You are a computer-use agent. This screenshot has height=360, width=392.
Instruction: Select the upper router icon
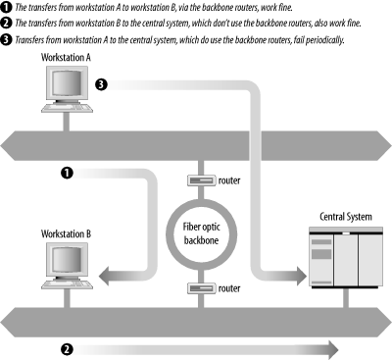coord(198,180)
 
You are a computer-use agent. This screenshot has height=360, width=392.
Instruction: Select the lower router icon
coord(198,289)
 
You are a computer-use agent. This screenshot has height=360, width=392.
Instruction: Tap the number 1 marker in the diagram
coord(67,174)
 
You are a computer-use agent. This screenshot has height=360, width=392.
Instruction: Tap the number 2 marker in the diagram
coord(67,348)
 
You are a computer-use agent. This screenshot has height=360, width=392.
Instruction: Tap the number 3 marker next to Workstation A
coord(101,85)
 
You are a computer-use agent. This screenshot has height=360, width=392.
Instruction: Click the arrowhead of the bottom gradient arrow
coord(331,348)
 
